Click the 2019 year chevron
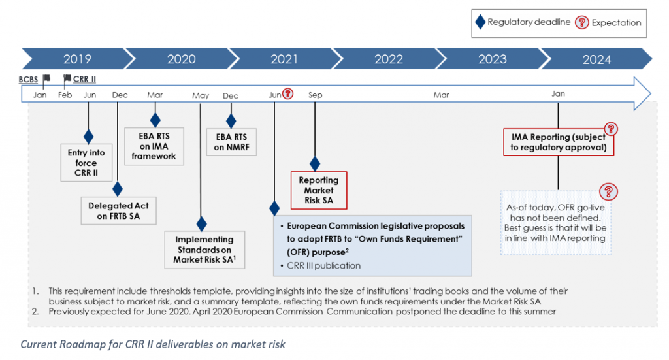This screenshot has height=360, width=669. pyautogui.click(x=77, y=59)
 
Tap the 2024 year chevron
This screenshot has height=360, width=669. pyautogui.click(x=596, y=59)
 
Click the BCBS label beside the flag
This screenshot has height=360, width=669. pyautogui.click(x=28, y=79)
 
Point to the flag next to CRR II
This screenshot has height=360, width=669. pyautogui.click(x=67, y=78)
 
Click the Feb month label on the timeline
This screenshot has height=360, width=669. pyautogui.click(x=65, y=95)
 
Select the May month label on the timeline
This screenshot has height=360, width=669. pyautogui.click(x=201, y=95)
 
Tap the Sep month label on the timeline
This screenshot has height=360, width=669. pyautogui.click(x=316, y=95)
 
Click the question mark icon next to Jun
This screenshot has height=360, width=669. pyautogui.click(x=288, y=93)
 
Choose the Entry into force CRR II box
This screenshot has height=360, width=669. pyautogui.click(x=86, y=163)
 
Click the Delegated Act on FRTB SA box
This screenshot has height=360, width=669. pyautogui.click(x=119, y=211)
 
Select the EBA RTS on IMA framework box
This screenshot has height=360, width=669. pyautogui.click(x=154, y=146)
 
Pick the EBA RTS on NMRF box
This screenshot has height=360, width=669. pyautogui.click(x=231, y=142)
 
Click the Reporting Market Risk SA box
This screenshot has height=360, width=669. pyautogui.click(x=319, y=190)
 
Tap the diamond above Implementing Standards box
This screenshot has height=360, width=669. pyautogui.click(x=201, y=223)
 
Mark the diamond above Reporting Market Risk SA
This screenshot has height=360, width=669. pyautogui.click(x=315, y=163)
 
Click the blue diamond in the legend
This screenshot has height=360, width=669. pyautogui.click(x=480, y=22)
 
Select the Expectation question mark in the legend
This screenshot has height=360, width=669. pyautogui.click(x=582, y=22)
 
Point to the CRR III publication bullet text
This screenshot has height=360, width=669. pyautogui.click(x=324, y=265)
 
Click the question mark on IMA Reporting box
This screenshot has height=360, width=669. pyautogui.click(x=611, y=129)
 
